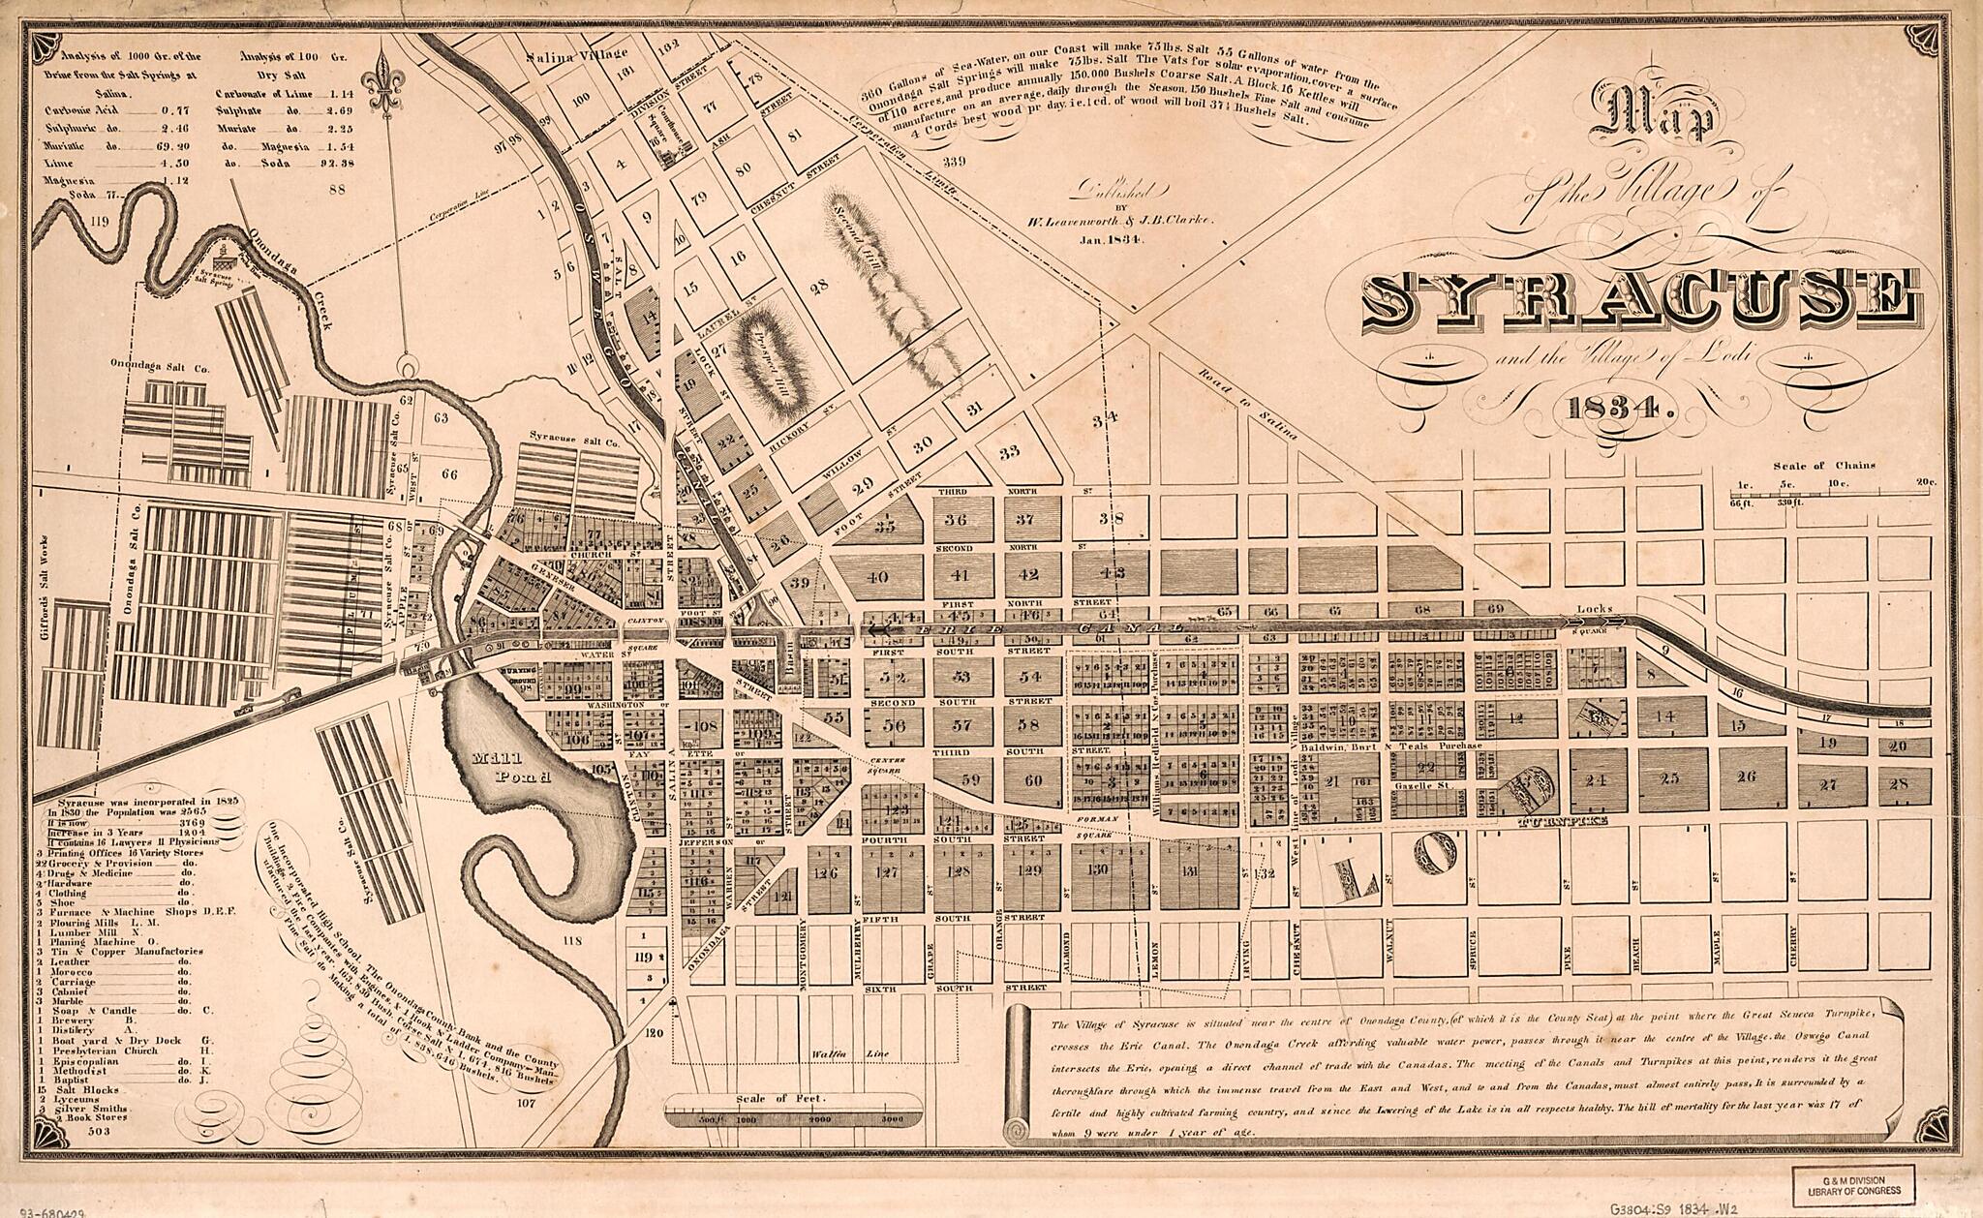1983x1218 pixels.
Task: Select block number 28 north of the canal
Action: tap(819, 286)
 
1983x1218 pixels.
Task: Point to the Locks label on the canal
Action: tap(1592, 609)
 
